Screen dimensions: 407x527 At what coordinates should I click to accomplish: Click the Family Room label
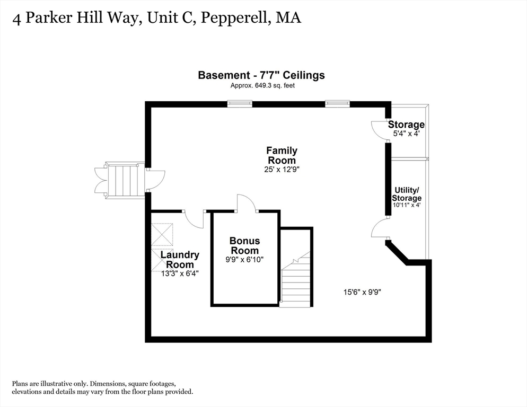point(282,155)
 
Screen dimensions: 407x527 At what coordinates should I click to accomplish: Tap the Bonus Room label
point(244,245)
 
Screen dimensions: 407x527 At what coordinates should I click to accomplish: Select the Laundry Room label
point(180,259)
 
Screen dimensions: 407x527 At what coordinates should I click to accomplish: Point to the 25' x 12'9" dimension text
point(282,170)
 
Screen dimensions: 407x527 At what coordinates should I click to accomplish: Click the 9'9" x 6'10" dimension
point(244,260)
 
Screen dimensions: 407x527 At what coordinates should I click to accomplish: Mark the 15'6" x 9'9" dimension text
point(363,291)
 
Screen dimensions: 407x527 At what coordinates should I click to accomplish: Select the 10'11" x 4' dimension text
point(407,205)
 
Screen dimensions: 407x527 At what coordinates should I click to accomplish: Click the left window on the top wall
point(239,104)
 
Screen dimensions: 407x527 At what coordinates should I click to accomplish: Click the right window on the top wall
point(337,104)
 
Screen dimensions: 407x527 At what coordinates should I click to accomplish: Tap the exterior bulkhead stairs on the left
point(122,181)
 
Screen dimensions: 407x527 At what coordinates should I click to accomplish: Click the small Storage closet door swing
point(380,130)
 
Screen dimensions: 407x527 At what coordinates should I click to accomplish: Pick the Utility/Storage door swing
point(380,229)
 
